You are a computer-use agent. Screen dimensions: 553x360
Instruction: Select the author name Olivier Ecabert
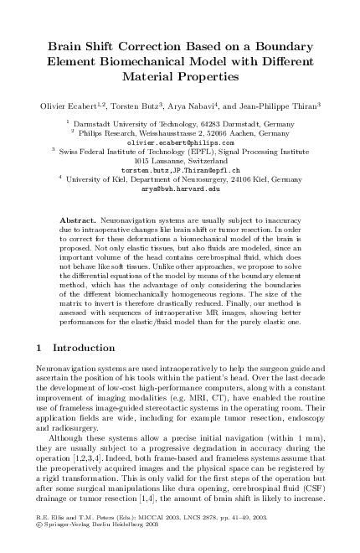[68, 106]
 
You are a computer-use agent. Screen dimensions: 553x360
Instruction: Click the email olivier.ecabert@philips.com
[180, 142]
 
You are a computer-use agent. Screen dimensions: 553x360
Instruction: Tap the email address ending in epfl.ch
[180, 170]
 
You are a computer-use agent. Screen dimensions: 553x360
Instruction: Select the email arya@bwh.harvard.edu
[180, 189]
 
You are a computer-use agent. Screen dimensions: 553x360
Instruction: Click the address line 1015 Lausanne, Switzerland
[180, 161]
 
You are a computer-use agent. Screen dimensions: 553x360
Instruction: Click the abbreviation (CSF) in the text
[307, 488]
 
